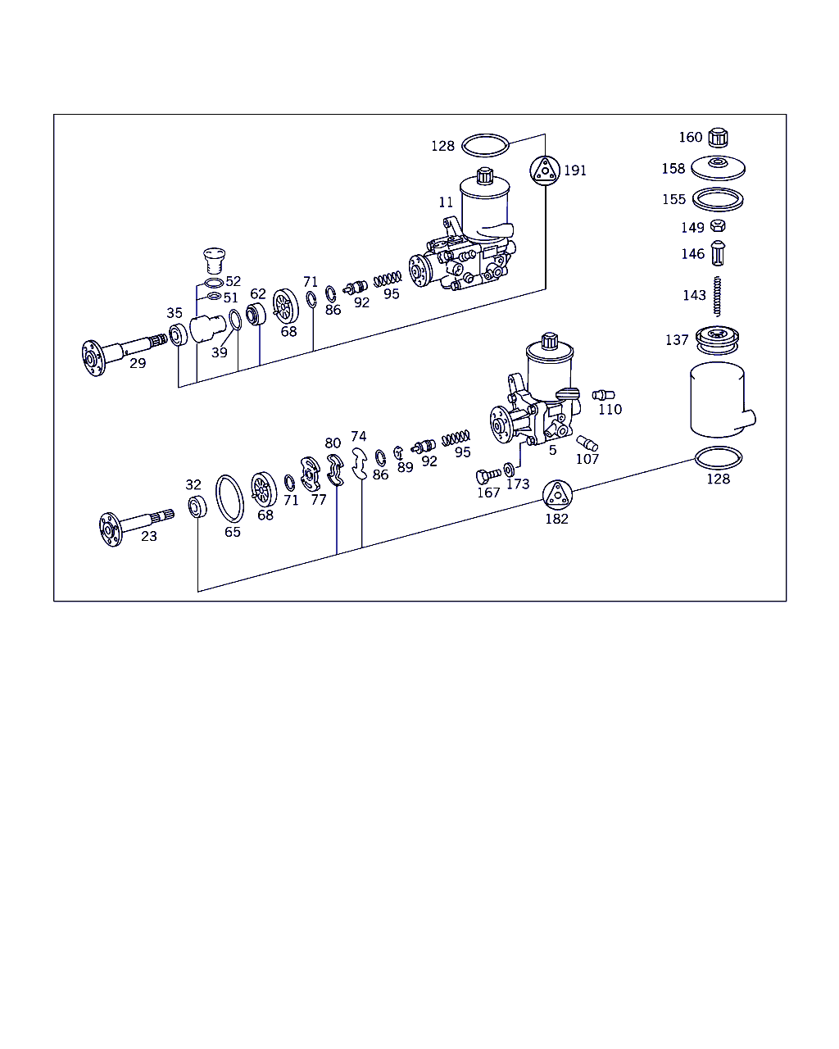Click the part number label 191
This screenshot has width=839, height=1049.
click(x=575, y=170)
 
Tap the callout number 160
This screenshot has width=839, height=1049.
click(x=690, y=138)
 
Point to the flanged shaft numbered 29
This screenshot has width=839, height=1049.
click(x=115, y=352)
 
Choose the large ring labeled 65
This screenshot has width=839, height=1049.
click(x=229, y=497)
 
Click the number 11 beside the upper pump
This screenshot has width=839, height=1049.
click(x=446, y=202)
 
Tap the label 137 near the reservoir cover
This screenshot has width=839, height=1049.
click(x=677, y=340)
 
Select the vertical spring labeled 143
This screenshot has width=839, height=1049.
click(x=717, y=295)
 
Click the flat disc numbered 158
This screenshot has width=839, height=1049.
click(x=718, y=168)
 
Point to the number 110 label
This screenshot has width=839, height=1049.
click(x=610, y=410)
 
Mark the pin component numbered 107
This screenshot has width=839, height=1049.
click(x=587, y=443)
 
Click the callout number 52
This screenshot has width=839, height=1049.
click(x=233, y=282)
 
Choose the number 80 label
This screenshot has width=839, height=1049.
click(x=333, y=444)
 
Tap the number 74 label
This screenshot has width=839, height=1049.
click(x=359, y=437)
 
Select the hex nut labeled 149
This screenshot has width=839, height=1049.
click(x=718, y=227)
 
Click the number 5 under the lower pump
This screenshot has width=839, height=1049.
click(x=553, y=450)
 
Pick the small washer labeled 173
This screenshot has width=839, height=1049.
click(x=509, y=470)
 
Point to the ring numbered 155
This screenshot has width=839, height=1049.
click(x=718, y=199)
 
